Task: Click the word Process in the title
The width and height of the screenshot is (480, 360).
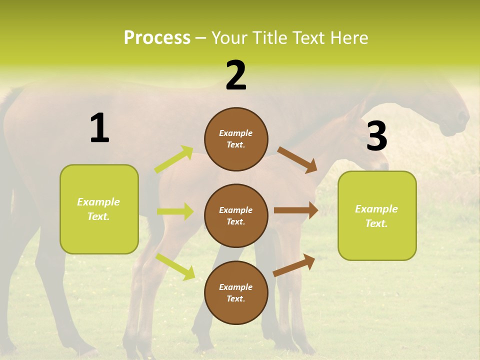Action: click(x=157, y=38)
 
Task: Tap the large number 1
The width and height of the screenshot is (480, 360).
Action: click(x=99, y=128)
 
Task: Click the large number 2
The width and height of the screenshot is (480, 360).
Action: click(x=236, y=75)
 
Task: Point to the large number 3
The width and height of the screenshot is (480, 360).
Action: click(x=376, y=136)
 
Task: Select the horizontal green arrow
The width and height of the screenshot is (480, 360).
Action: click(x=175, y=211)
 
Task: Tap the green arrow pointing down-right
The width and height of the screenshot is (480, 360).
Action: click(x=175, y=266)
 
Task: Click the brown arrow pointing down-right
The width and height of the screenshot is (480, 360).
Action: click(x=297, y=160)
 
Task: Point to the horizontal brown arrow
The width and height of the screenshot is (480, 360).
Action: click(x=295, y=210)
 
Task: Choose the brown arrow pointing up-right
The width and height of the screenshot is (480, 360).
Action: click(x=294, y=265)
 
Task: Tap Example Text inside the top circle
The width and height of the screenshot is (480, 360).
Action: click(x=236, y=139)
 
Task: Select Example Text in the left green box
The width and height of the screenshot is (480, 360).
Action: click(x=99, y=209)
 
